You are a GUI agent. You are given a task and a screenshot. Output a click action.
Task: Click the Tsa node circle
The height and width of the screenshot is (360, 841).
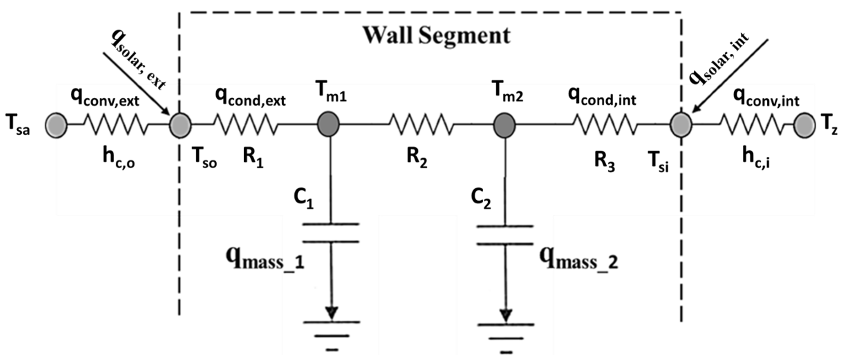pos(56,125)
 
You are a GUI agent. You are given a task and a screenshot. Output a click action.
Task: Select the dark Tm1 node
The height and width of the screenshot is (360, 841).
pos(329,124)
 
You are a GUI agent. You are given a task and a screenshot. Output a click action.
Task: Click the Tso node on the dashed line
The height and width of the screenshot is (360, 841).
pos(180,125)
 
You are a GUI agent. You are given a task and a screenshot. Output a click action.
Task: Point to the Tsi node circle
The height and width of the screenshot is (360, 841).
pos(681,125)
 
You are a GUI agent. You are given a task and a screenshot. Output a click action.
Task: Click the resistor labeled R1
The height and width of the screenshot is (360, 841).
pos(245,124)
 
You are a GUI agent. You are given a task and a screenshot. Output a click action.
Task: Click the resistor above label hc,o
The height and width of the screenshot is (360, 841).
pos(116,124)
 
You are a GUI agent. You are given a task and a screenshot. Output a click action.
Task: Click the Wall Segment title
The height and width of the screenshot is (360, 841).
pos(437,35)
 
